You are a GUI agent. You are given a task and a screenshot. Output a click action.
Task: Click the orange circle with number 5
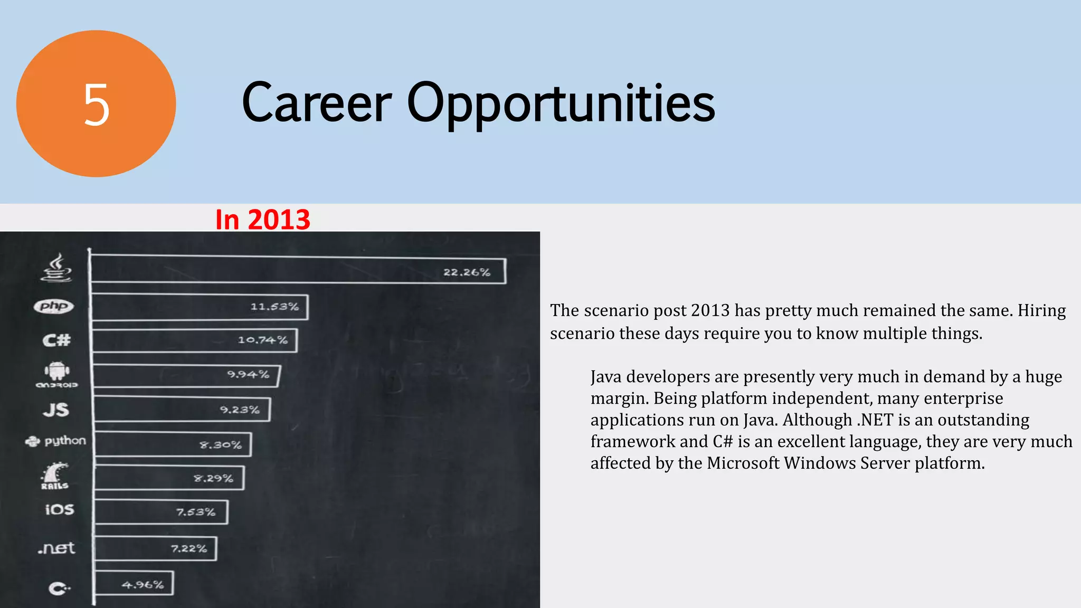[x=96, y=104]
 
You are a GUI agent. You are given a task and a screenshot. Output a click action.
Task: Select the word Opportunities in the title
[x=561, y=104]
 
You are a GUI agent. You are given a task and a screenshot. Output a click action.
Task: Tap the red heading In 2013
[x=262, y=220]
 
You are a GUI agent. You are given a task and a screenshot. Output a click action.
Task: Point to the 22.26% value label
[x=467, y=272]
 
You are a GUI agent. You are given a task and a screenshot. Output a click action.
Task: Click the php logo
[x=54, y=306]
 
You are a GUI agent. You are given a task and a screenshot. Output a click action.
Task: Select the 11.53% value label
[x=274, y=307]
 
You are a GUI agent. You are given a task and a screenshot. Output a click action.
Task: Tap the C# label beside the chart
[x=56, y=340]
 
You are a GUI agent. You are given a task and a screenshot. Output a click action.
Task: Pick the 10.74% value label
[x=262, y=340]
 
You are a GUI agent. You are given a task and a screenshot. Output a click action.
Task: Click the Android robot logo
[x=57, y=372]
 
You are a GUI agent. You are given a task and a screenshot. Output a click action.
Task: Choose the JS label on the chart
[x=56, y=410]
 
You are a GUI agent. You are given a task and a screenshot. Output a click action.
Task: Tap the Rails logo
[x=55, y=476]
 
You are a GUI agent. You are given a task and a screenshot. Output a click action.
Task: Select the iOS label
[x=59, y=509]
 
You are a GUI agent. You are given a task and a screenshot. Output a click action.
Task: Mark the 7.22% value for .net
[x=188, y=549]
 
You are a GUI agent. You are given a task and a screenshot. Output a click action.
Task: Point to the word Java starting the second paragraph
[x=606, y=377]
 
